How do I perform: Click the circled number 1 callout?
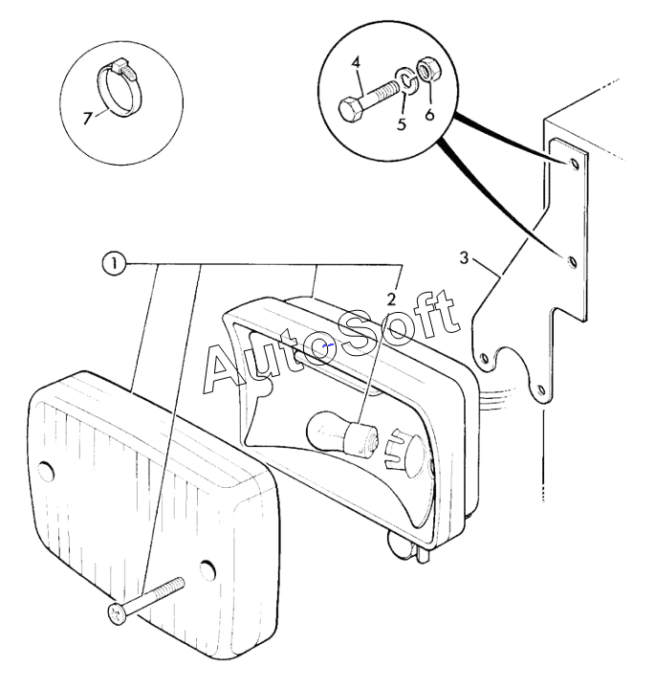pyautogui.click(x=114, y=264)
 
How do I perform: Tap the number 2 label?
pyautogui.click(x=391, y=299)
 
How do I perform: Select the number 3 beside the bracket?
pyautogui.click(x=464, y=257)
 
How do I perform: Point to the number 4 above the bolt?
pyautogui.click(x=356, y=62)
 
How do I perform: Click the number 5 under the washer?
pyautogui.click(x=402, y=123)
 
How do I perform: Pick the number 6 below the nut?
pyautogui.click(x=429, y=114)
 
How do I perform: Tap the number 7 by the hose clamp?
pyautogui.click(x=88, y=118)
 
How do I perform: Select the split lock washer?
pyautogui.click(x=405, y=80)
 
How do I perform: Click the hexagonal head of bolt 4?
pyautogui.click(x=351, y=108)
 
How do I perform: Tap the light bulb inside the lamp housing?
pyautogui.click(x=338, y=433)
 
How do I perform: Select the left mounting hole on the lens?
pyautogui.click(x=46, y=471)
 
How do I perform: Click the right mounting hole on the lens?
pyautogui.click(x=208, y=569)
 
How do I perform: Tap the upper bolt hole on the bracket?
pyautogui.click(x=574, y=165)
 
